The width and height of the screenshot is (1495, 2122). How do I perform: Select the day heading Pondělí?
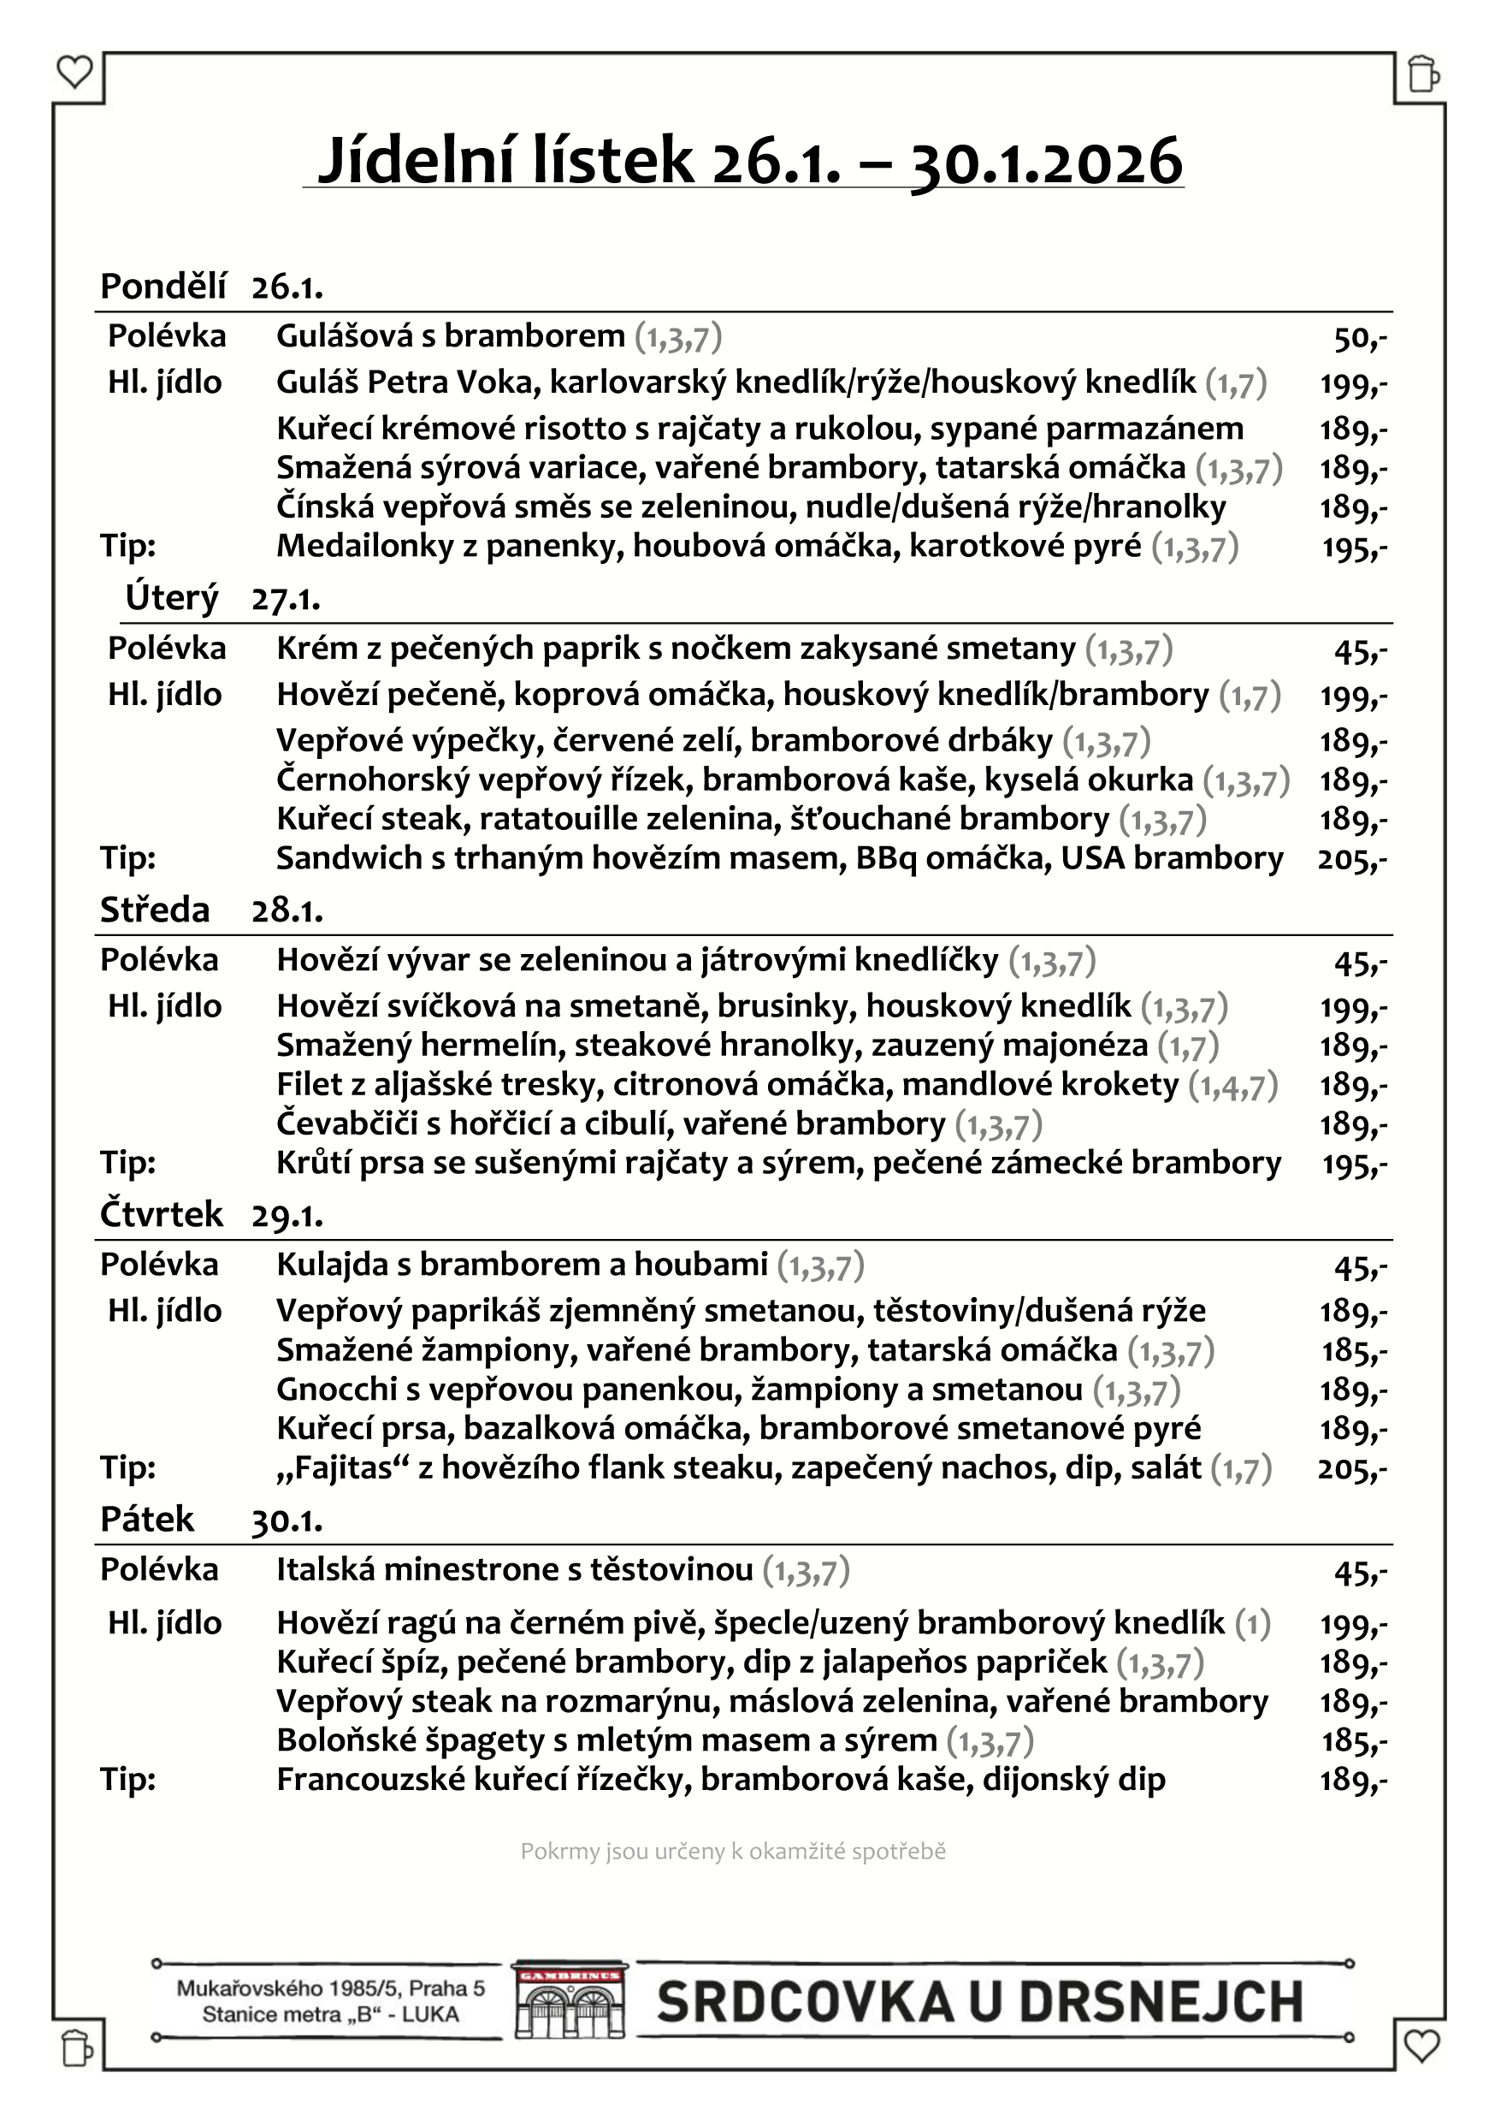162,287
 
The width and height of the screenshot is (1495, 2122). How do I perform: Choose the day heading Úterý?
172,598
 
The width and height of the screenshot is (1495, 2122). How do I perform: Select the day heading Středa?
155,910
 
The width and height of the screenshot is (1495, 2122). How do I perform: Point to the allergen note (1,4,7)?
1232,1085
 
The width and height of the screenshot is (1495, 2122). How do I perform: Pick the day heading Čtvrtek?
162,1213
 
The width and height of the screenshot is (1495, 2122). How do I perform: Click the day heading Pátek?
147,1519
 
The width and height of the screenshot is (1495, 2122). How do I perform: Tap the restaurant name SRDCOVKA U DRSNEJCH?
979,2003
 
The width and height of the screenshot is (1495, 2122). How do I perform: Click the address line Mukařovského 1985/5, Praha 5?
331,1988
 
